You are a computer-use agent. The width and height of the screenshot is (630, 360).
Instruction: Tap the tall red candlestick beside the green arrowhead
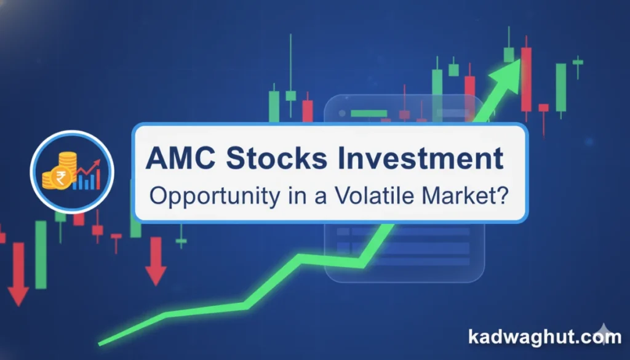(x=525, y=77)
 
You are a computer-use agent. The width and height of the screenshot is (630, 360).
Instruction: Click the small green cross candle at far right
(x=577, y=62)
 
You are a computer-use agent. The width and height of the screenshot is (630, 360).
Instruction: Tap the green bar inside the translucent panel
(x=369, y=113)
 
